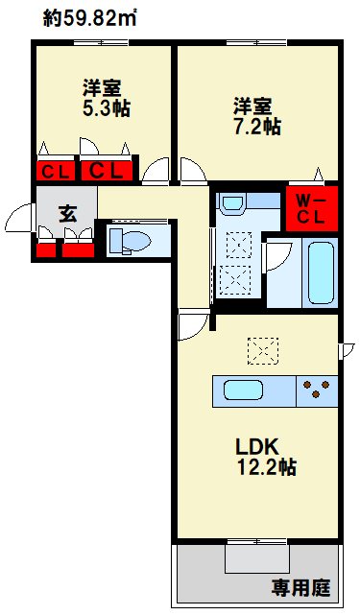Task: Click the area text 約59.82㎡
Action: point(89,19)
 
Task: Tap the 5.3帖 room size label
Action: point(106,108)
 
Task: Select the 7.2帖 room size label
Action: point(257,127)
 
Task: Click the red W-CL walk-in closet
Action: point(312,208)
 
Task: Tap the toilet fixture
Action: point(130,240)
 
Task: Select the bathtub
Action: point(321,273)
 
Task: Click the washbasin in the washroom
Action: point(232,204)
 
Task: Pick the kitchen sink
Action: point(244,390)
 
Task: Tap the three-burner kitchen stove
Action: point(317,390)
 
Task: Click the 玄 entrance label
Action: point(67,214)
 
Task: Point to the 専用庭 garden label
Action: point(301,587)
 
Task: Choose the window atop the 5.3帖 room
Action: point(102,42)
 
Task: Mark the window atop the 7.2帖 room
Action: point(256,42)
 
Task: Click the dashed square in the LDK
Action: point(263,351)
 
